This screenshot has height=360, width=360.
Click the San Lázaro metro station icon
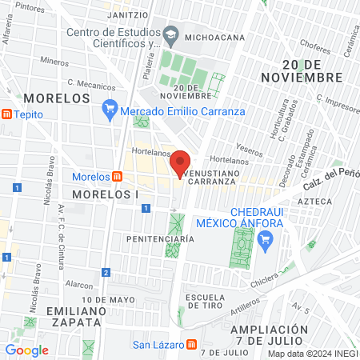pyautogui.click(x=191, y=345)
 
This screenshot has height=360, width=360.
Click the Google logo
pyautogui.click(x=26, y=350)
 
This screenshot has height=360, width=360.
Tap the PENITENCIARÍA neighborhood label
pyautogui.click(x=160, y=238)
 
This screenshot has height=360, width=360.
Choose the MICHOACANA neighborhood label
pyautogui.click(x=215, y=36)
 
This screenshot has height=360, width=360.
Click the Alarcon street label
pyautogui.click(x=79, y=283)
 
